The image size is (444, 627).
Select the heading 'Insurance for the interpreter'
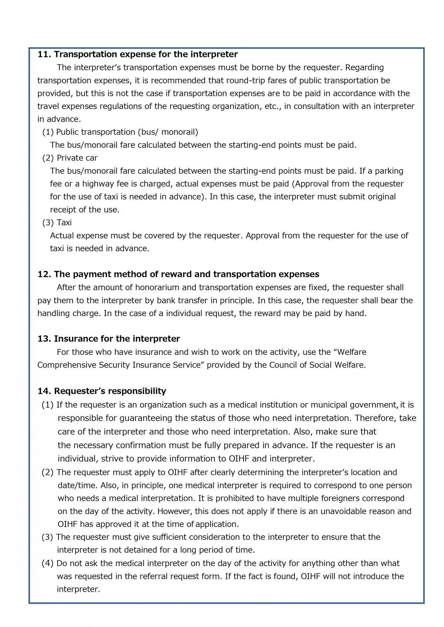tap(117, 339)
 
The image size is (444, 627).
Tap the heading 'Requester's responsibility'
tap(110, 391)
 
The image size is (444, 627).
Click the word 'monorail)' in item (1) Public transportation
tap(180, 132)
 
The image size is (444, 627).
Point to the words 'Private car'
tap(77, 158)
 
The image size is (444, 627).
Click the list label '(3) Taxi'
tap(57, 223)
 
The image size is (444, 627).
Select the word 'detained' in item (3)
tap(142, 550)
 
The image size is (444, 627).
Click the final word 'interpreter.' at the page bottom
tap(78, 589)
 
